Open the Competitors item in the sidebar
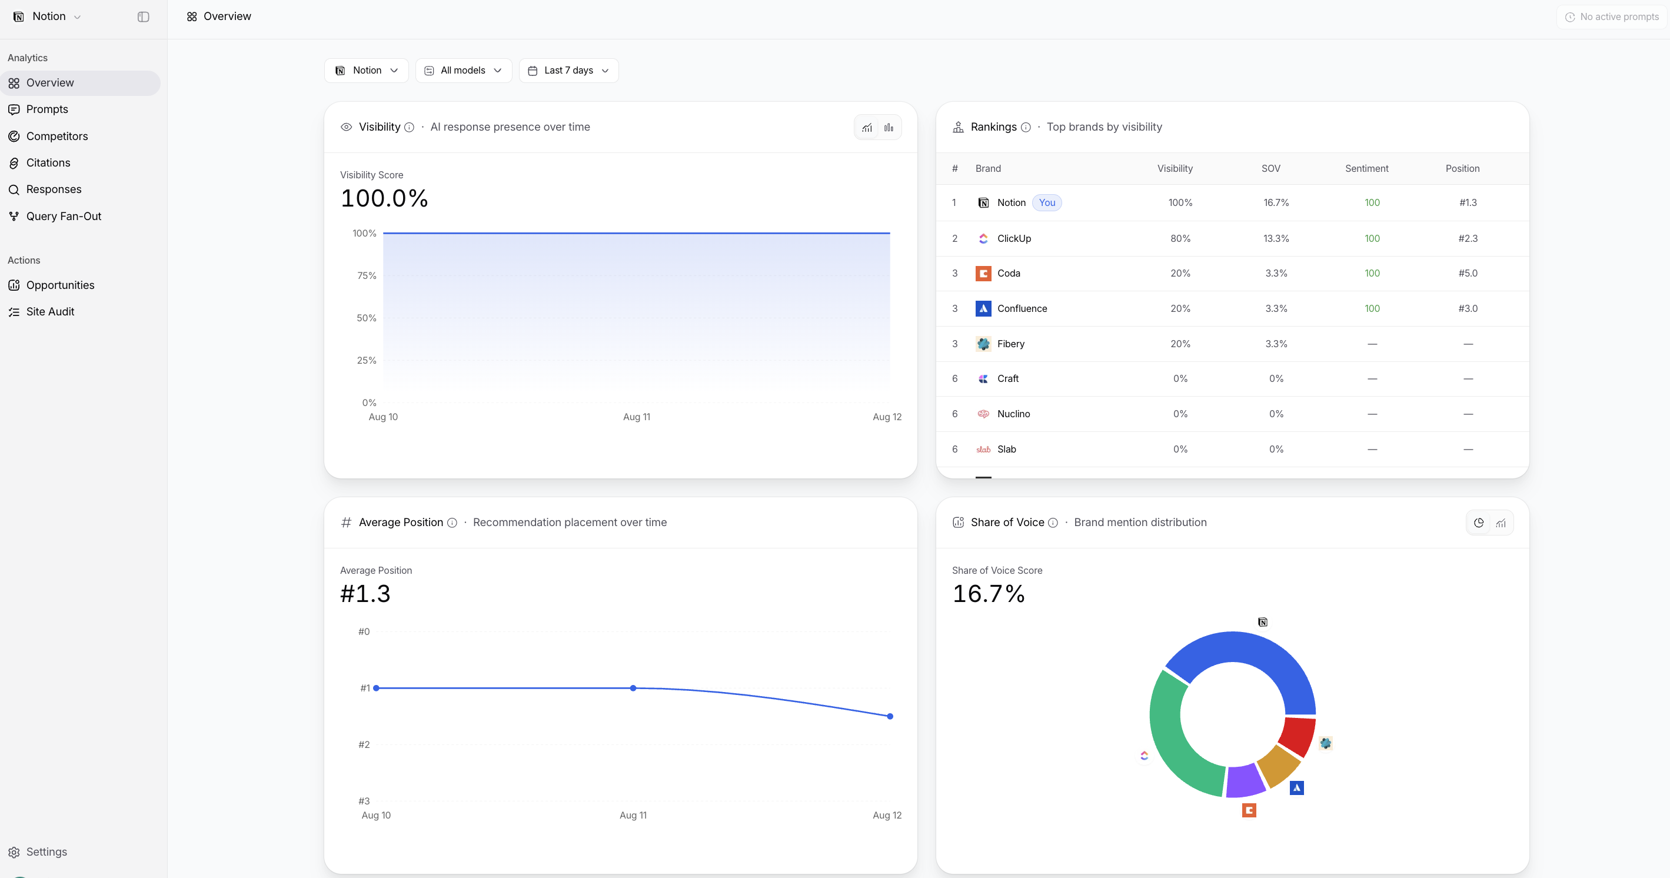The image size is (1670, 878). pyautogui.click(x=57, y=136)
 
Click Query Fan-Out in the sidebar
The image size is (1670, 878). pyautogui.click(x=64, y=217)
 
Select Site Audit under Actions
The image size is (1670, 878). pyautogui.click(x=50, y=312)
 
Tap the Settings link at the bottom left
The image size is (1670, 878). pyautogui.click(x=46, y=852)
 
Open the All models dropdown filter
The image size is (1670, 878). pyautogui.click(x=464, y=71)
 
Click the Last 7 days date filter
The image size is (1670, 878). pyautogui.click(x=568, y=71)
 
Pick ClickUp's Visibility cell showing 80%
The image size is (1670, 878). pyautogui.click(x=1180, y=239)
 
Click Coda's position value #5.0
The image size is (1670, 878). pyautogui.click(x=1468, y=274)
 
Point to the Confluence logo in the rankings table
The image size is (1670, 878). pyautogui.click(x=983, y=309)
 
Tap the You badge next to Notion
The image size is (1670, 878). pyautogui.click(x=1047, y=203)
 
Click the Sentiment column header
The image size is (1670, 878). pyautogui.click(x=1366, y=168)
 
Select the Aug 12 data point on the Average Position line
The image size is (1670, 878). pyautogui.click(x=890, y=717)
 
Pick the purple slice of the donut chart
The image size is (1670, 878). pyautogui.click(x=1245, y=781)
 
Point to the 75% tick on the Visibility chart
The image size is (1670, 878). pyautogui.click(x=366, y=275)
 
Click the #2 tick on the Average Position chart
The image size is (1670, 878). pyautogui.click(x=364, y=744)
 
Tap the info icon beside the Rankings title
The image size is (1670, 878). pyautogui.click(x=1026, y=128)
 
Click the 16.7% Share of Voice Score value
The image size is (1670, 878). pyautogui.click(x=989, y=594)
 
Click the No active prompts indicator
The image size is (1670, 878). pyautogui.click(x=1612, y=17)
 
